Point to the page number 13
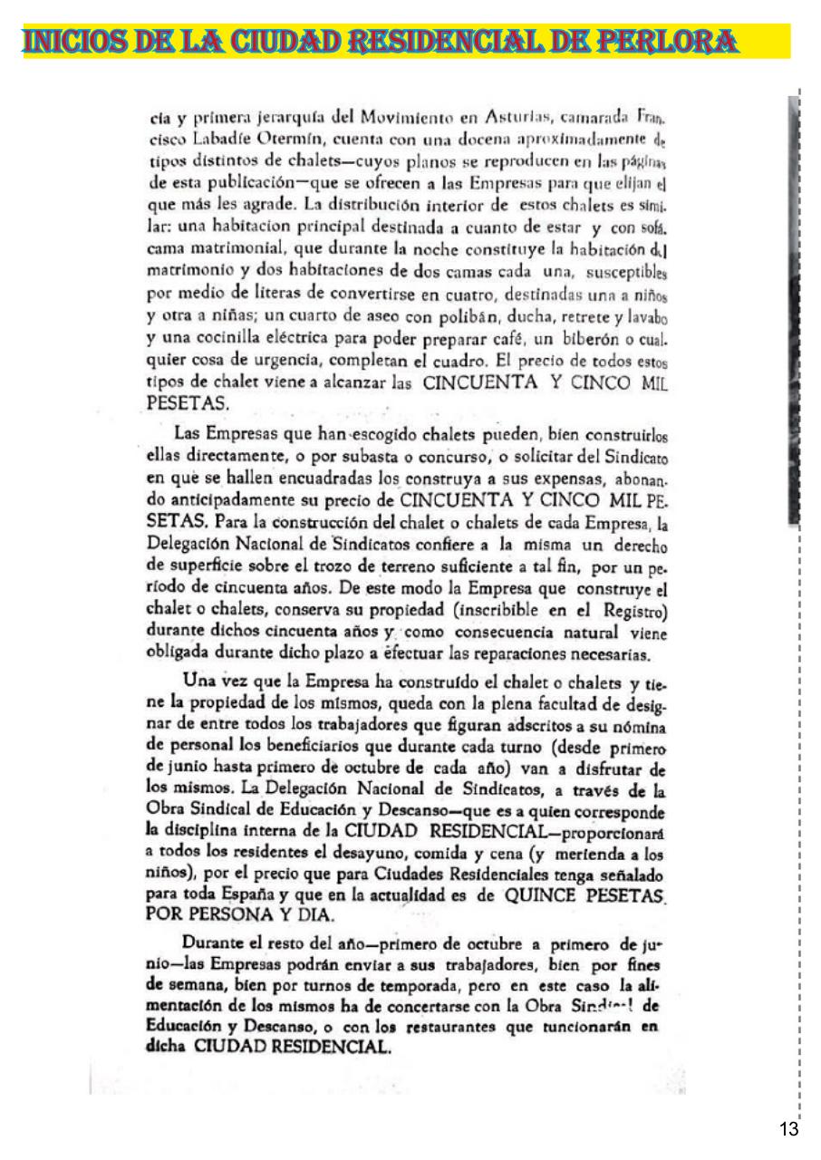point(787,1128)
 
